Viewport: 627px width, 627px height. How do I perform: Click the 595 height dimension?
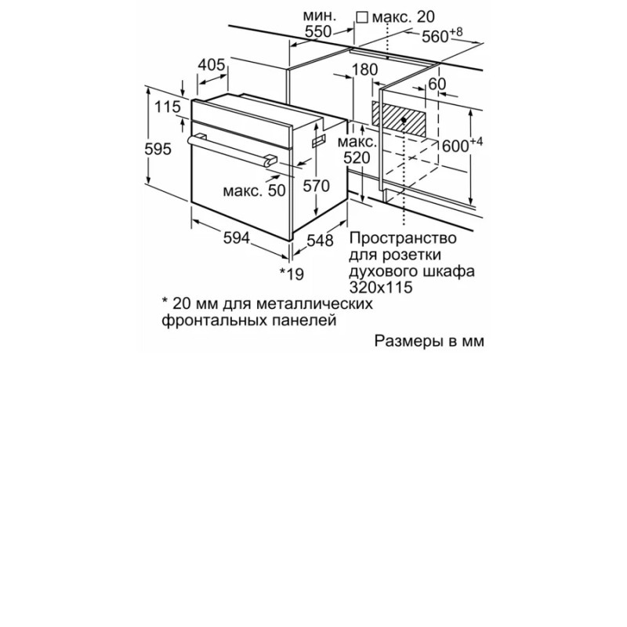point(158,149)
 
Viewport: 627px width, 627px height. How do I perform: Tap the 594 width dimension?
point(237,238)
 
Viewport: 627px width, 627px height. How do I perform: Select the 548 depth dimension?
point(320,241)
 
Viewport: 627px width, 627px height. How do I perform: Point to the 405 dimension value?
point(212,64)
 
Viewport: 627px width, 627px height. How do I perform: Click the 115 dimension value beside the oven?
point(168,107)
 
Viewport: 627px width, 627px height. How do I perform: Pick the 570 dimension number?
point(316,186)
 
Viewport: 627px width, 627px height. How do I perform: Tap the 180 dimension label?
point(364,70)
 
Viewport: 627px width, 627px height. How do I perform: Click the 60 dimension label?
point(437,84)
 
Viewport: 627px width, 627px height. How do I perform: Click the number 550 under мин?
point(318,31)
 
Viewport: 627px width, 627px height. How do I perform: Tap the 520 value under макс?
point(357,158)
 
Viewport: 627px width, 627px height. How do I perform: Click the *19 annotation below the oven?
point(292,274)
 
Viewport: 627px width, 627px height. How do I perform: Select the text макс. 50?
point(254,190)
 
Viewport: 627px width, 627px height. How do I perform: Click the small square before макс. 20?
point(362,17)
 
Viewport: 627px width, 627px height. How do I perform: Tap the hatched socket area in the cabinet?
point(399,119)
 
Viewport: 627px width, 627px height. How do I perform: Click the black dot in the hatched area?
point(404,120)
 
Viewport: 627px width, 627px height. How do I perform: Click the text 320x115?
point(381,288)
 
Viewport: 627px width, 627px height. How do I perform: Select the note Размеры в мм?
point(429,341)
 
